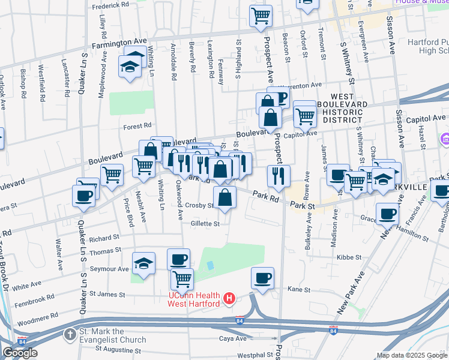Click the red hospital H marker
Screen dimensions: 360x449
point(229,298)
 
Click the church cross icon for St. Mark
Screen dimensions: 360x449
point(70,334)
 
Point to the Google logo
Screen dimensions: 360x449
point(20,353)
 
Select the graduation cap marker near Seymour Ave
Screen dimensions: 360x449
point(143,264)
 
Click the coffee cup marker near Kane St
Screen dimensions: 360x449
point(262,278)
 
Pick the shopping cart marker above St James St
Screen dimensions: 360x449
point(182,278)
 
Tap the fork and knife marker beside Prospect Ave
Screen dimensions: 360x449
point(279,175)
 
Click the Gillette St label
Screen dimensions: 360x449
point(205,223)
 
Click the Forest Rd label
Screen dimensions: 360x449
point(137,126)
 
